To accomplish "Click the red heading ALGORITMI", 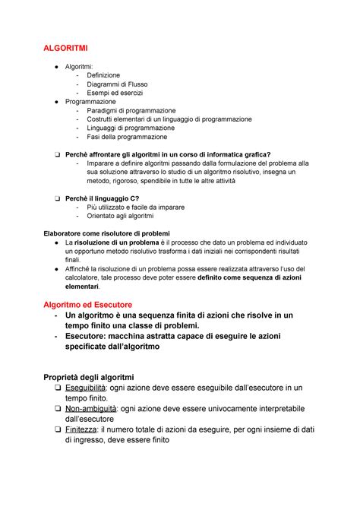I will (68, 48).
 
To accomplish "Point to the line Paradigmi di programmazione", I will (131, 110).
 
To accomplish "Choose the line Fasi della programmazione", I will (126, 137).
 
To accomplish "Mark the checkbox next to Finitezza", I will (47, 429).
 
